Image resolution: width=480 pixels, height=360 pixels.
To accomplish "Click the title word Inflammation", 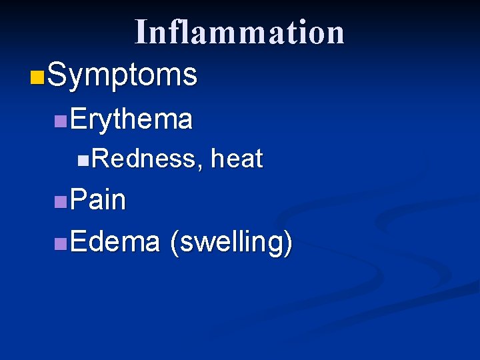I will pos(239,32).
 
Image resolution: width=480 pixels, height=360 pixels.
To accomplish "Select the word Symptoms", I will pos(123,75).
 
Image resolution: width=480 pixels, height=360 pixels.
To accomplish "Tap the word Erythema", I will pos(131,119).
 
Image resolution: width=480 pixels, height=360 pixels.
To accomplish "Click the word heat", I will pos(237,159).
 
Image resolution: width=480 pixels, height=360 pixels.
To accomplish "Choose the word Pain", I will pos(97,199).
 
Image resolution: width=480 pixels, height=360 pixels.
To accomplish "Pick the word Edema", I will pos(115,242).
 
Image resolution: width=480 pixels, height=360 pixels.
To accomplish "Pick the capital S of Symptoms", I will pos(57,75).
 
